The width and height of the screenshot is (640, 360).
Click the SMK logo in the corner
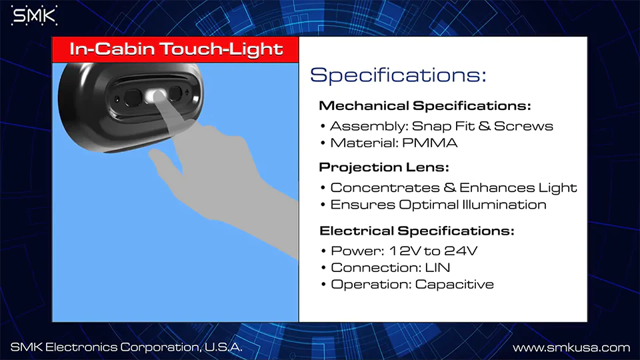(x=34, y=16)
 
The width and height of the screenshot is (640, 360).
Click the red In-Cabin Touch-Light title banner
(x=175, y=49)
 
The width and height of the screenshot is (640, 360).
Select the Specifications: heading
(x=399, y=75)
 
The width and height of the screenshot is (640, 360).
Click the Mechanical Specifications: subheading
(x=425, y=106)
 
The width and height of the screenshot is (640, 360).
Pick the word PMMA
(x=430, y=143)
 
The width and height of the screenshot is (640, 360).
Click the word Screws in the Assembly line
(x=524, y=126)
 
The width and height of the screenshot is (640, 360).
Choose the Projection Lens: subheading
(x=384, y=167)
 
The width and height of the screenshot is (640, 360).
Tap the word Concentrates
(x=385, y=188)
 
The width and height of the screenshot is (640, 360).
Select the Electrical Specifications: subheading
(x=417, y=231)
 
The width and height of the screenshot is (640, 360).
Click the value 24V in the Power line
(x=461, y=251)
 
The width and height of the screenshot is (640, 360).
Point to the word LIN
(x=437, y=268)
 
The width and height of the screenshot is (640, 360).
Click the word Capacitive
(x=454, y=285)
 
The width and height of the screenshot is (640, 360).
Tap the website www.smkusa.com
(x=571, y=348)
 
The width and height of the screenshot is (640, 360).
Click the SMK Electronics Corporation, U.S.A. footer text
(x=126, y=347)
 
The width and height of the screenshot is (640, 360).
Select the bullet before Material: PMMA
(x=323, y=143)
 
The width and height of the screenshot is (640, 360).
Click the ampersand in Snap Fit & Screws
(x=484, y=126)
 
